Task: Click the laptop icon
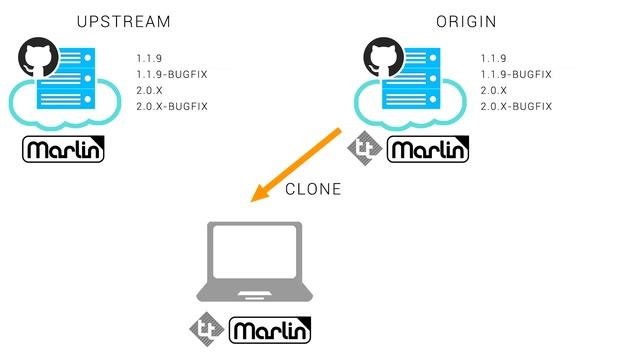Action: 254,264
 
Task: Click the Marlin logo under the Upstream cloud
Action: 63,151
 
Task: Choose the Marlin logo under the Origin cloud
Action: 427,151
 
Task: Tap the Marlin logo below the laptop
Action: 271,329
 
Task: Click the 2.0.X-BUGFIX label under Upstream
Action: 172,105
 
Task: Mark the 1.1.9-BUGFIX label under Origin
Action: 516,74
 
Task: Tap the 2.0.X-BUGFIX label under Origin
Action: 516,105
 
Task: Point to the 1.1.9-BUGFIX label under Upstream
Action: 172,74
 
